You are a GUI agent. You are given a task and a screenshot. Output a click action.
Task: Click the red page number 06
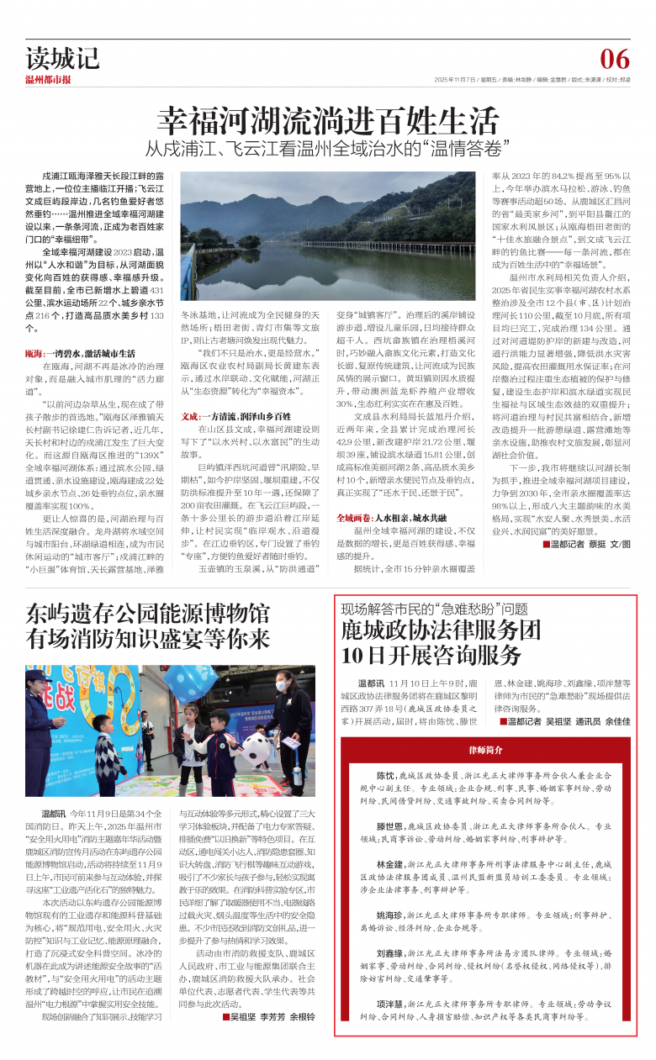614,59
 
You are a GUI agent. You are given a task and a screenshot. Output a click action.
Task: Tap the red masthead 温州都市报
48,80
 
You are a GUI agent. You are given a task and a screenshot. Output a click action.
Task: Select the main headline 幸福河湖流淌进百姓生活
327,119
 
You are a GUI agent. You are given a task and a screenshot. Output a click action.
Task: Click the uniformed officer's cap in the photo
35,675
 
